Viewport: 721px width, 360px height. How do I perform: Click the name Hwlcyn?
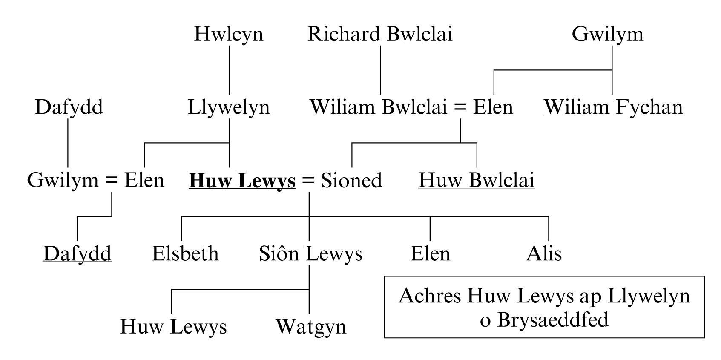tap(229, 34)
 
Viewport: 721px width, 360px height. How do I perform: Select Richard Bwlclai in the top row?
tap(380, 34)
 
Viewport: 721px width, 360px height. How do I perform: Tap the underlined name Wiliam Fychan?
tap(613, 107)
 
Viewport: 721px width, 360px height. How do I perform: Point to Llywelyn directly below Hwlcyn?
tap(229, 107)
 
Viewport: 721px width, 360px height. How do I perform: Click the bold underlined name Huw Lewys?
tap(242, 180)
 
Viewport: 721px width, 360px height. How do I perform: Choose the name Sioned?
tap(351, 180)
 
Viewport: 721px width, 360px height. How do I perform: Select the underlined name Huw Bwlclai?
tap(476, 180)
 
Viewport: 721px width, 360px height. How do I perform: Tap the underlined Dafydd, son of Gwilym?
tap(77, 253)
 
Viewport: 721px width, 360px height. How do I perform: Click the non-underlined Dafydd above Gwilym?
tap(69, 107)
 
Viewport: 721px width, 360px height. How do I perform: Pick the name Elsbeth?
tap(185, 253)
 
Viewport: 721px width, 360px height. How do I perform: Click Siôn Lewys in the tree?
tap(310, 253)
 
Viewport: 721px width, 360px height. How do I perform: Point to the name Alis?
tap(544, 253)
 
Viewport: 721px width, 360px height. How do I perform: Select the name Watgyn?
tap(311, 327)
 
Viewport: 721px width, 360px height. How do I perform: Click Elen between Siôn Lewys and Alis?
tap(430, 253)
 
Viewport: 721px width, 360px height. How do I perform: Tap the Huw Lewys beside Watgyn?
tap(173, 327)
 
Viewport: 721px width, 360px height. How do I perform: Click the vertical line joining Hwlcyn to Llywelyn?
tap(229, 70)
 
